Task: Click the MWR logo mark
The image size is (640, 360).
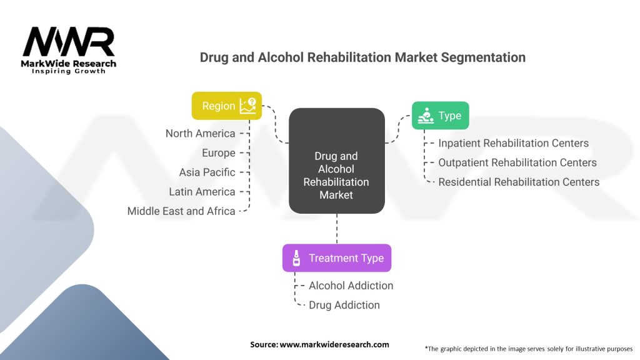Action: (x=69, y=42)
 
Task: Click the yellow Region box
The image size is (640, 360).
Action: (x=227, y=106)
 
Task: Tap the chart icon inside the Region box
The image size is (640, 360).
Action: (x=247, y=106)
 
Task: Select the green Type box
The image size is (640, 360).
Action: (x=441, y=116)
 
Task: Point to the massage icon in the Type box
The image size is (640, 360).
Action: (x=426, y=116)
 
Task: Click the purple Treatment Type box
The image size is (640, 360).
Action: (x=337, y=258)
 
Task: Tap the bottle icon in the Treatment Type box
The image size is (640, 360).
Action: (x=297, y=258)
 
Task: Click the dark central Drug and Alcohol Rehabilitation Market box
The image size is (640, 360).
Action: (x=337, y=161)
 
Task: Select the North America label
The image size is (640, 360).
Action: (x=201, y=134)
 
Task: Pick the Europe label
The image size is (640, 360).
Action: (x=219, y=153)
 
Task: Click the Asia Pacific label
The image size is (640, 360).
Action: (x=207, y=172)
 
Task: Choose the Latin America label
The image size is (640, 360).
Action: (x=202, y=191)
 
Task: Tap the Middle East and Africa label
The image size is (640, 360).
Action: (x=181, y=211)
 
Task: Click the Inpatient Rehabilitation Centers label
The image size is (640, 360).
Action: (x=514, y=143)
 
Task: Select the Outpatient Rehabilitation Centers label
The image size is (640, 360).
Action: (x=517, y=162)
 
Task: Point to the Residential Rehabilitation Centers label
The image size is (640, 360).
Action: (x=519, y=182)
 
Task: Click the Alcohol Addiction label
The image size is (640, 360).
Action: (x=351, y=286)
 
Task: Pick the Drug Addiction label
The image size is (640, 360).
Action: (x=344, y=305)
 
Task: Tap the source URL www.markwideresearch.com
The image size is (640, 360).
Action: (x=334, y=344)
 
